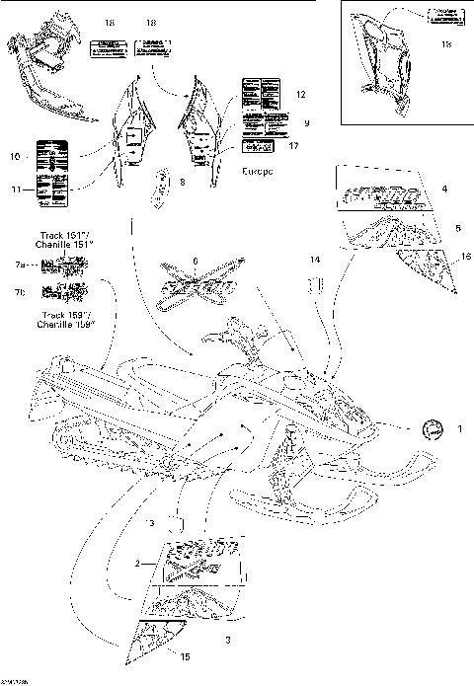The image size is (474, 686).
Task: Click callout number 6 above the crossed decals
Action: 196,261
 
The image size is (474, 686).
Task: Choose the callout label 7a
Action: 20,266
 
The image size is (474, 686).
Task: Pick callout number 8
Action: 181,183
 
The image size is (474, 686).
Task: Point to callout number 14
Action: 317,259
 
